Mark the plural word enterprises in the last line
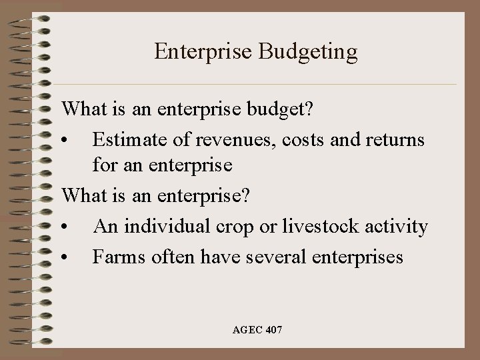tap(359, 257)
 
